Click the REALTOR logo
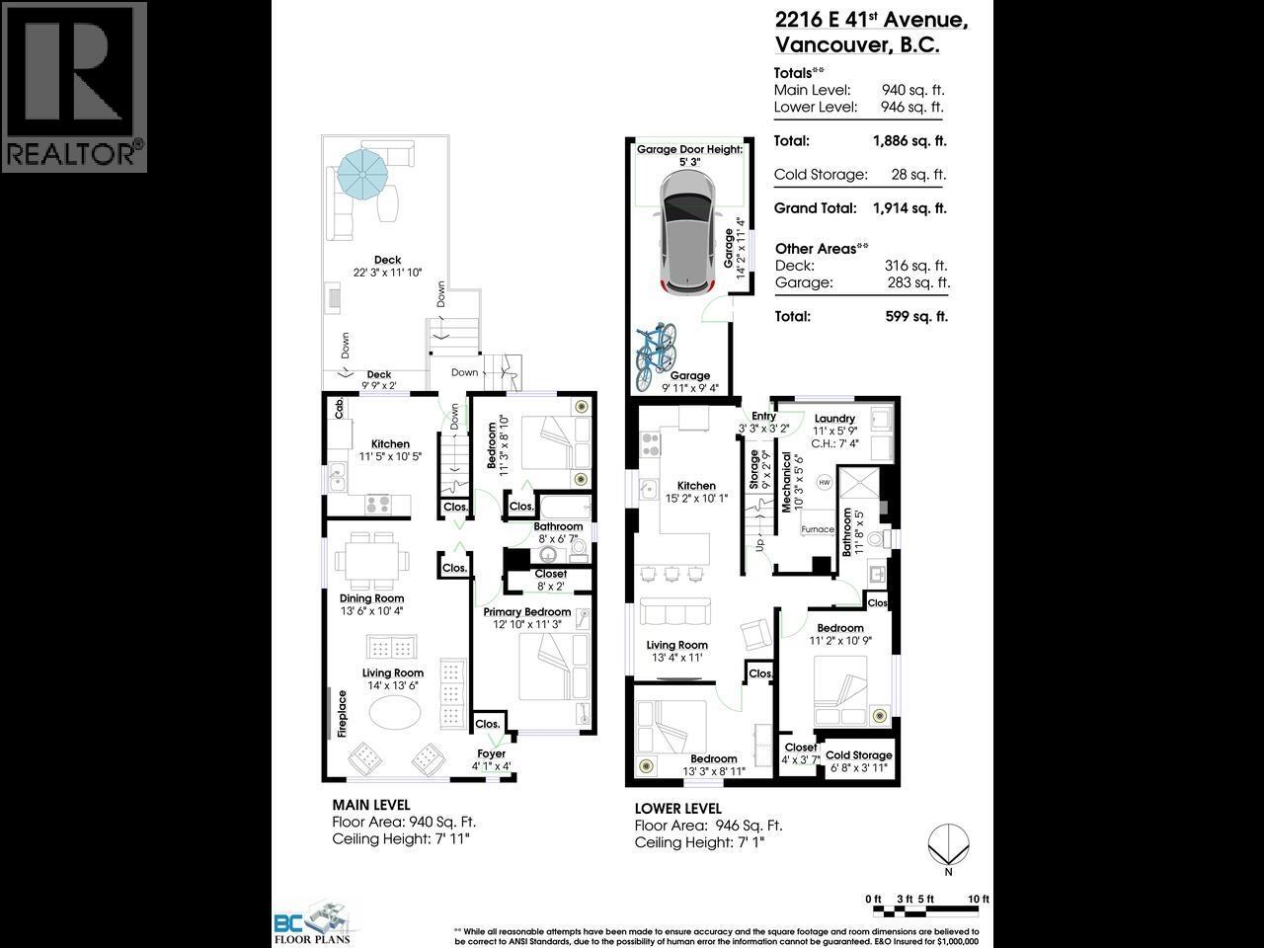click(74, 87)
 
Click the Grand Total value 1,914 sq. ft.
click(908, 208)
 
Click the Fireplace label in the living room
click(343, 714)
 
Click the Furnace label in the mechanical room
click(817, 529)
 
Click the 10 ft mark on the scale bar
click(979, 899)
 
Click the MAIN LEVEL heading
click(370, 805)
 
